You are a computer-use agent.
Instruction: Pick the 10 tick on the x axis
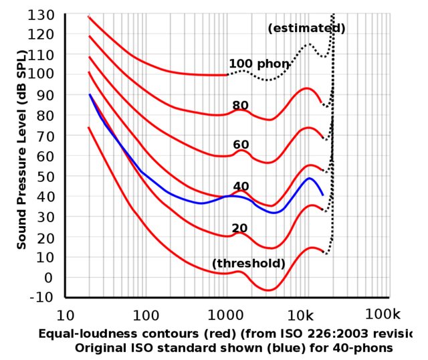click(65, 315)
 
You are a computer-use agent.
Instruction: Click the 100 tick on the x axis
click(144, 315)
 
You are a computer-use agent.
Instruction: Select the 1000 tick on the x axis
click(226, 315)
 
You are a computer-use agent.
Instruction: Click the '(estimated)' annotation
click(306, 29)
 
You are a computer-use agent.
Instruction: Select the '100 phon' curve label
click(259, 64)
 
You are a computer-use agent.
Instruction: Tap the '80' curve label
click(240, 106)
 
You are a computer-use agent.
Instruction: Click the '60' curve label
click(241, 145)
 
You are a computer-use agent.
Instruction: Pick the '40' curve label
click(241, 186)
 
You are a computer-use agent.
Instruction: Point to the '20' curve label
click(239, 228)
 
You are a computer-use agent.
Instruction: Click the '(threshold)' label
click(248, 264)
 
